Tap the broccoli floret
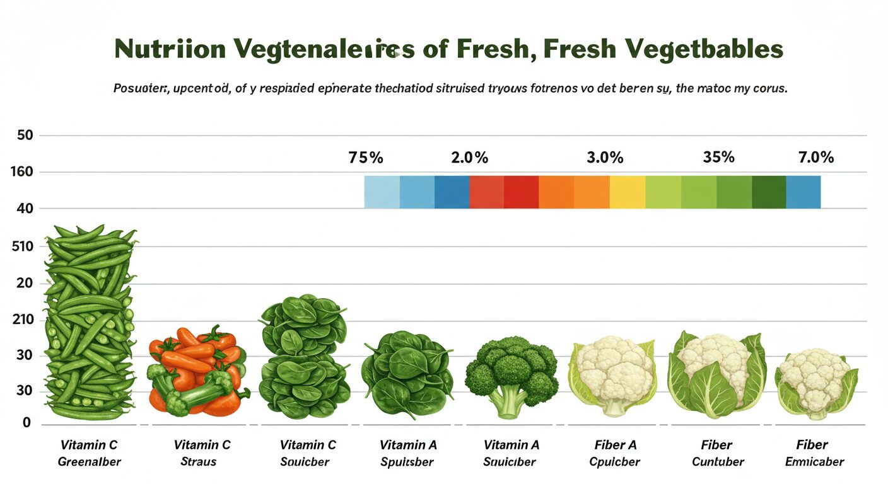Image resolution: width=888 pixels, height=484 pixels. click(511, 369)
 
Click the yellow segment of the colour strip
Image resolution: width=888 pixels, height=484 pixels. click(628, 192)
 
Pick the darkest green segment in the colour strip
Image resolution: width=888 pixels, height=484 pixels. click(769, 192)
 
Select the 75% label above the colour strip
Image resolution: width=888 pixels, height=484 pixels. click(366, 158)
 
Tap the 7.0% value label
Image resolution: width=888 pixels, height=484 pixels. click(816, 157)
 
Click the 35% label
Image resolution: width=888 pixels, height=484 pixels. click(718, 157)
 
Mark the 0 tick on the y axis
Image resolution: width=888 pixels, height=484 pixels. click(26, 423)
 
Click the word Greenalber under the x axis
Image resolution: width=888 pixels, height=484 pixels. click(89, 462)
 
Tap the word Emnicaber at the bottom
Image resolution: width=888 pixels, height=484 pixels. click(814, 462)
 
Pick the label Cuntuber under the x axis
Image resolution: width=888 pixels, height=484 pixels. click(718, 462)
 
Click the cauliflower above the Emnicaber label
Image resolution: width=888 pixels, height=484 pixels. click(816, 381)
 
